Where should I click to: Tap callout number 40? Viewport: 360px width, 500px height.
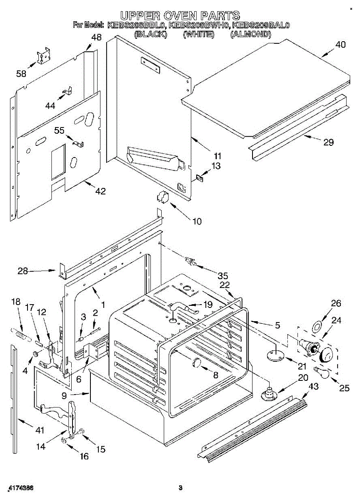click(x=340, y=45)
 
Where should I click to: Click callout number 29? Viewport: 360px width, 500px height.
click(x=329, y=142)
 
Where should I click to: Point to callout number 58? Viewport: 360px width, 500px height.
click(x=21, y=74)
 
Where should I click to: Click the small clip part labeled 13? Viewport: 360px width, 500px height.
click(x=199, y=177)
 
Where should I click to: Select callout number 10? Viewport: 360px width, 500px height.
click(x=196, y=221)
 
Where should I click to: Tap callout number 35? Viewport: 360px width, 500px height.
click(x=223, y=275)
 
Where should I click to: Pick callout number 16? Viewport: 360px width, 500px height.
click(x=84, y=456)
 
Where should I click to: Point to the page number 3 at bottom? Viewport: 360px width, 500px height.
click(x=180, y=488)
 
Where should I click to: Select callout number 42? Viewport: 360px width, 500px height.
click(x=100, y=192)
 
